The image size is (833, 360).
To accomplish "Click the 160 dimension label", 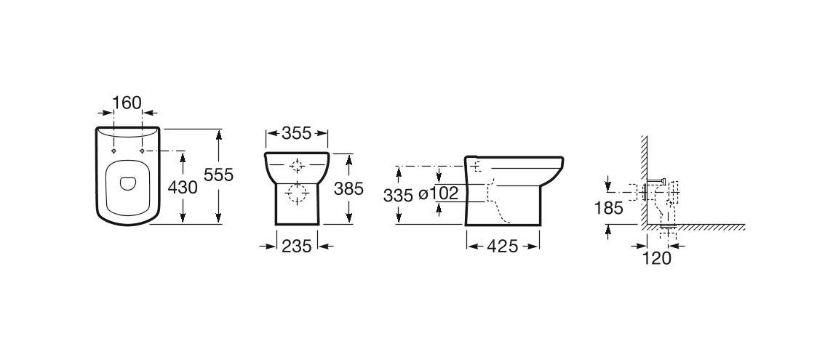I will coord(128,103).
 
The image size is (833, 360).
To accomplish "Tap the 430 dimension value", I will coord(183,188).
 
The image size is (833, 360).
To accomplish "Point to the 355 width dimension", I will coord(297,133).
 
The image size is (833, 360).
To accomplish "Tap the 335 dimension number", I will coord(398,195).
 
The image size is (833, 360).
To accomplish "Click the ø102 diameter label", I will coord(439,194).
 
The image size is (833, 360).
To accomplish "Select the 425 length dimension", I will coord(503,247).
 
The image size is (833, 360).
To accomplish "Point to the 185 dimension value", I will coord(608,208).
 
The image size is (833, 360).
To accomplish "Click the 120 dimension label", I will coord(657,257).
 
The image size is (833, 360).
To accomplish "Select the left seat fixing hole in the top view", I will coord(114,151).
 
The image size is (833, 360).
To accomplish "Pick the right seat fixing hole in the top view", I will coord(142,151).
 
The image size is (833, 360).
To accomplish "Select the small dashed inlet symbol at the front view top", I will coord(297,164).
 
